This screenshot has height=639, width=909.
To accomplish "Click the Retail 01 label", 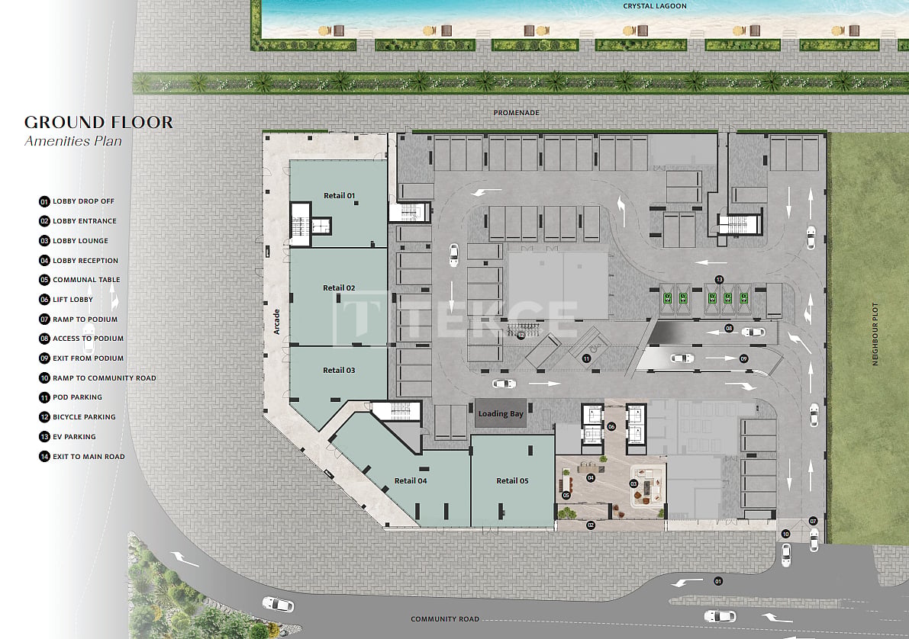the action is click(339, 196).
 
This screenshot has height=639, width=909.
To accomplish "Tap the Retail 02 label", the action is click(339, 288).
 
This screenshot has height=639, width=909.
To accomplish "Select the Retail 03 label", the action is click(339, 370).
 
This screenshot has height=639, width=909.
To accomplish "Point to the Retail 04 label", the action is click(411, 481).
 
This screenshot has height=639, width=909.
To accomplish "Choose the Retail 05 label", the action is click(512, 481).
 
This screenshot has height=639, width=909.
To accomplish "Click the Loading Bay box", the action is click(501, 413).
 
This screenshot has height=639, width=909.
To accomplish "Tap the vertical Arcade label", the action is click(276, 322).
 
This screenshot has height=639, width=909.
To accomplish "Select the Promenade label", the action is click(517, 113).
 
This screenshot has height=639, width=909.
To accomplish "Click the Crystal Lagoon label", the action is click(655, 6).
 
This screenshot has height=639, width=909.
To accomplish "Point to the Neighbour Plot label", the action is click(875, 334).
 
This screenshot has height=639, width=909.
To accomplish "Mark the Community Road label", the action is click(445, 619).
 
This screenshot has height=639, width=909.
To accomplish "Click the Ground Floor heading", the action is click(98, 122).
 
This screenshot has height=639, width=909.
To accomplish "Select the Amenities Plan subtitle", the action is click(73, 141).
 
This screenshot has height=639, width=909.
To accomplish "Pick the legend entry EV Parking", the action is click(68, 437).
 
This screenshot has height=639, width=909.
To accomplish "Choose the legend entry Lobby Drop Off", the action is click(77, 201).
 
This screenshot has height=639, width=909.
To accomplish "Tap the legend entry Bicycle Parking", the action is click(78, 417).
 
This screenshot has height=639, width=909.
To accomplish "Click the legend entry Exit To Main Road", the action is click(82, 457).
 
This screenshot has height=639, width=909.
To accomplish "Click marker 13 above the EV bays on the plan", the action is click(720, 280).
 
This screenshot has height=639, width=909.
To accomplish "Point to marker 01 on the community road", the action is click(718, 581).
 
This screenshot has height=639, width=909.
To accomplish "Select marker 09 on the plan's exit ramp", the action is click(744, 358).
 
